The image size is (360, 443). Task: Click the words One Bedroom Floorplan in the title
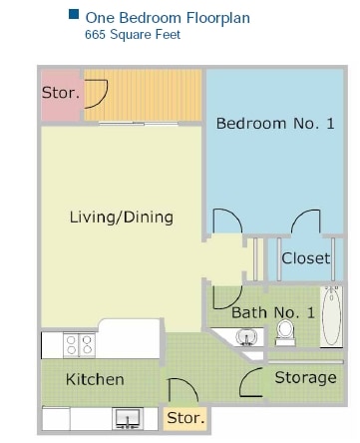coord(167,17)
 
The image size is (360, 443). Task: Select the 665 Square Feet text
coord(133,35)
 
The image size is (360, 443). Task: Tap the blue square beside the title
coord(73,16)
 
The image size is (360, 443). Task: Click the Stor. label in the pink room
coord(59,93)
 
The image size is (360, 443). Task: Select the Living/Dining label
coord(122,217)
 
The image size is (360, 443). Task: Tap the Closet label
coord(305,257)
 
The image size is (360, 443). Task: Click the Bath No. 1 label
coord(273,312)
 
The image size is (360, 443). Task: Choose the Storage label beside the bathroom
coord(305,377)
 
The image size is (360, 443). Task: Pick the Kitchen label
coord(95,379)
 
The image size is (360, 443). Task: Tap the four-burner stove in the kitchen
coord(79,345)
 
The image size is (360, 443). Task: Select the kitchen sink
coord(127,417)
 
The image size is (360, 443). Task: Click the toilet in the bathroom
coord(285,331)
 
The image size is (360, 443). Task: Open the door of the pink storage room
coord(96,93)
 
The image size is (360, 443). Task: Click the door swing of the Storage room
coord(254,379)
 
